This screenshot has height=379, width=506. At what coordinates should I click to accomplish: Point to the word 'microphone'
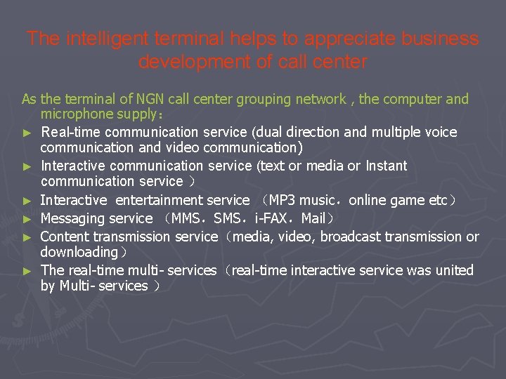pos(77,114)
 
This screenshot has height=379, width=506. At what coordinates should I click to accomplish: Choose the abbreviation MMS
pos(185,218)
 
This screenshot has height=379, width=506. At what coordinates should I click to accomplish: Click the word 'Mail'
pos(313,218)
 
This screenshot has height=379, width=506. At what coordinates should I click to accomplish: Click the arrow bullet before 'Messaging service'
pos(27,219)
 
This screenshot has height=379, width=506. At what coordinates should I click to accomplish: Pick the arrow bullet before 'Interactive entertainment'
pos(27,201)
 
